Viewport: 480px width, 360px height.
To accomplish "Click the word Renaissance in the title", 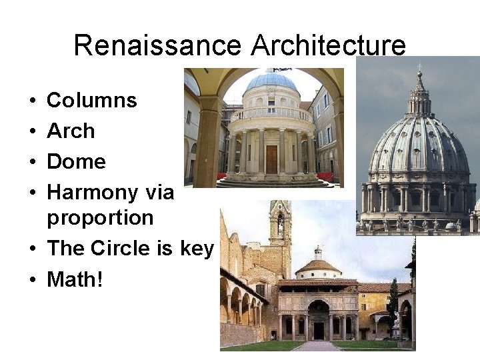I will (158, 45).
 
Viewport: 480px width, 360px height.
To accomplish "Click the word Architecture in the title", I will (328, 45).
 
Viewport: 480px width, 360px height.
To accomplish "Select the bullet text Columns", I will (91, 101).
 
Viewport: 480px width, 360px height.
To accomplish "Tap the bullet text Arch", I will (71, 131).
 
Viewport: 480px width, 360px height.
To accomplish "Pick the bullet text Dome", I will (76, 161).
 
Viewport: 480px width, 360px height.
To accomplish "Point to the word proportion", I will (100, 218).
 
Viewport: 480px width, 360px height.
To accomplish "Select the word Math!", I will (75, 279).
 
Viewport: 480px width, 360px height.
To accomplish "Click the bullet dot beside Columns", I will (33, 101).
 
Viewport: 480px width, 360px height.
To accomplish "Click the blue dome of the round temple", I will (271, 81).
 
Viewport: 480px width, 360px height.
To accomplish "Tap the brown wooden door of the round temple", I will (271, 159).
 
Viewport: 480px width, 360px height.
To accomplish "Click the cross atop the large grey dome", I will (419, 68).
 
